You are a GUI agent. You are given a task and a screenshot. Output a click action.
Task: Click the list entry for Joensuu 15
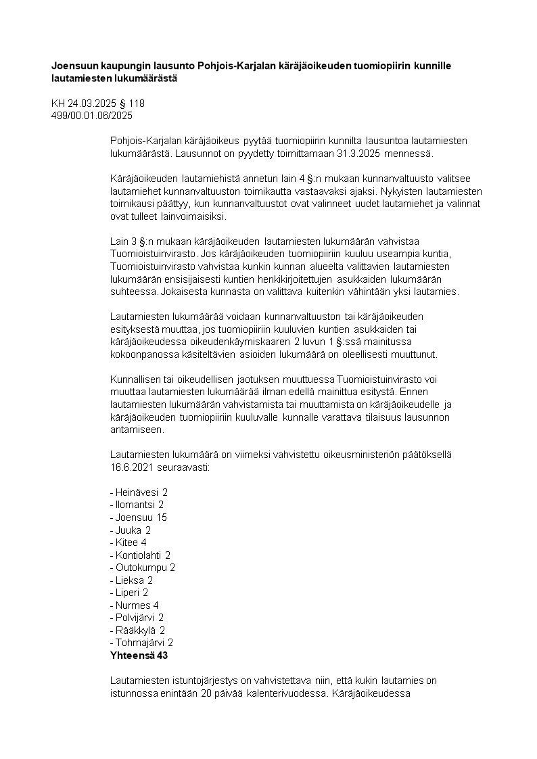[x=138, y=517]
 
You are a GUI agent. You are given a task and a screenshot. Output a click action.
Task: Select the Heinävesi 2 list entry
[x=138, y=492]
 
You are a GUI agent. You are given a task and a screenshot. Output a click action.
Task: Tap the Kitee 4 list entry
[x=128, y=543]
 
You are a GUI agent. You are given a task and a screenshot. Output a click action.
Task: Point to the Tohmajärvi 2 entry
[x=141, y=643]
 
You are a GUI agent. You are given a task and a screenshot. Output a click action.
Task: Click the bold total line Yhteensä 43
[x=139, y=655]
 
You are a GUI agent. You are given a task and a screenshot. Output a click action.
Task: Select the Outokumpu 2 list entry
[x=142, y=568]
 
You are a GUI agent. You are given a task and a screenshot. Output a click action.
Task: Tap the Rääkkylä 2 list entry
[x=137, y=630]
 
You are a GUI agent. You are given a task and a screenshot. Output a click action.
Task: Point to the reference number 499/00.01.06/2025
[x=92, y=116]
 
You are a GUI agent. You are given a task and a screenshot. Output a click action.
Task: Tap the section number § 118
[x=131, y=103]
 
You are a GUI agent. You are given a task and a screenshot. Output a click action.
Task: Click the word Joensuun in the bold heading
[x=74, y=66]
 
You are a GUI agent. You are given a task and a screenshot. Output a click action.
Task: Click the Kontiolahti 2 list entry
[x=140, y=555]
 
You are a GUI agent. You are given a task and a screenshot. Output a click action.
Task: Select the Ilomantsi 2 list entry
[x=137, y=505]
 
